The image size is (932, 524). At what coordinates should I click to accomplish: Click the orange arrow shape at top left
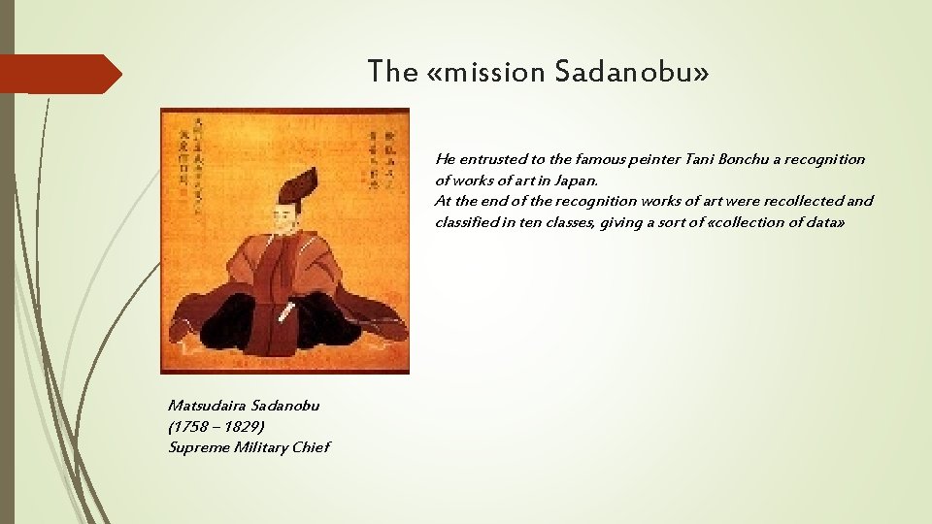point(60,74)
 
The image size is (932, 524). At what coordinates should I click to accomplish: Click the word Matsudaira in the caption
point(205,405)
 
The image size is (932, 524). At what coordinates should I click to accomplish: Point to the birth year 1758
point(191,426)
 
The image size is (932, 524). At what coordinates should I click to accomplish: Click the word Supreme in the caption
point(197,447)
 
